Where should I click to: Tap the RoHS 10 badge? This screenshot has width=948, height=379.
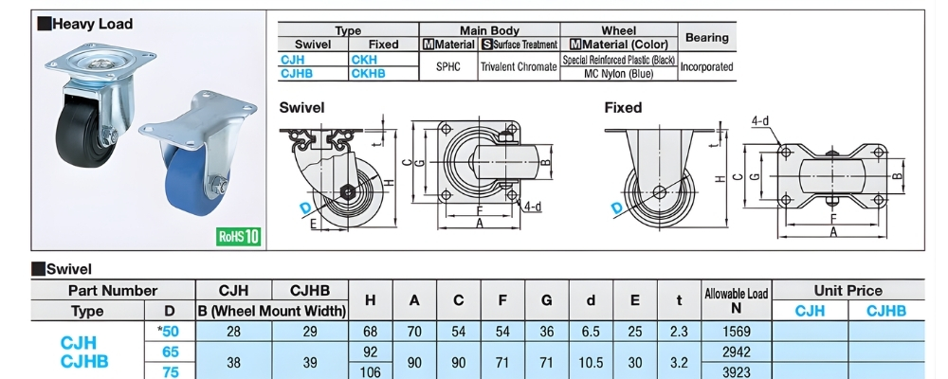(239, 236)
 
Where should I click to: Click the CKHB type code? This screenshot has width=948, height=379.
(369, 72)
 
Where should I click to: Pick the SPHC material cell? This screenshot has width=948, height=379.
(447, 66)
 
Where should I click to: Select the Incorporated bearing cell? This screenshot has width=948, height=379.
(706, 66)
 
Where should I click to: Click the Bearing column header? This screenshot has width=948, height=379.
(706, 37)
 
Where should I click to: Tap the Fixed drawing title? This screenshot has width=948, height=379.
(624, 108)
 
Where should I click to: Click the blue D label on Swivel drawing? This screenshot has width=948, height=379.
(305, 208)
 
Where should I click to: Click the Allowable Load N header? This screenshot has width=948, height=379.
(735, 299)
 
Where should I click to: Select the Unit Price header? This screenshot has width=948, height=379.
(848, 291)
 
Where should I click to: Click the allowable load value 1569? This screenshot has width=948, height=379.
(735, 332)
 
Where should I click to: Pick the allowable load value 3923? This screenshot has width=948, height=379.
(735, 371)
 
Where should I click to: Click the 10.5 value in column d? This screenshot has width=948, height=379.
(590, 361)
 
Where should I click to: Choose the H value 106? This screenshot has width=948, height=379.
(371, 371)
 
